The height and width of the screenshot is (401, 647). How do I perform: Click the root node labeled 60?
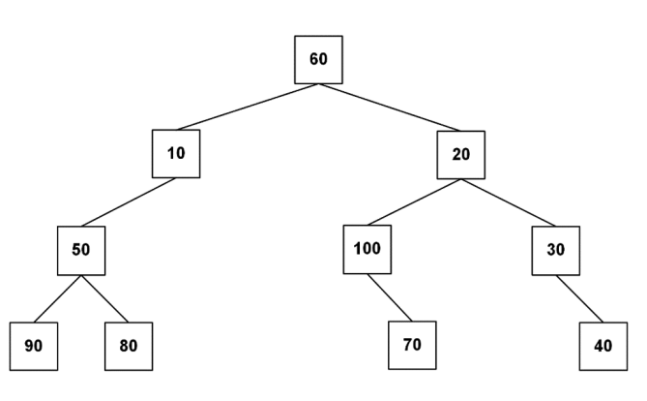[318, 59]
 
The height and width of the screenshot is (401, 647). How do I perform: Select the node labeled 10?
[176, 154]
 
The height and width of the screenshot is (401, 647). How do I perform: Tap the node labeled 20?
[461, 155]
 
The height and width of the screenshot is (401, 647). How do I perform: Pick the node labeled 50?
[81, 251]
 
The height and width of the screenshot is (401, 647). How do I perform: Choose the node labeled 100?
[368, 249]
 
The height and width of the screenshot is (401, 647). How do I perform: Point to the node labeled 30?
[556, 251]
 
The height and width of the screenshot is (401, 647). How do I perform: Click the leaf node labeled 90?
[34, 347]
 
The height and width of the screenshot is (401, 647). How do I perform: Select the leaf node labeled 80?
[129, 347]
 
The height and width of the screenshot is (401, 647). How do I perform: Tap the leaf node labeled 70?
[412, 345]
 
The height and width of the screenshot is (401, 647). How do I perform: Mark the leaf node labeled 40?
[603, 347]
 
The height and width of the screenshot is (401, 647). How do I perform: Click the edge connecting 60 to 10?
[248, 107]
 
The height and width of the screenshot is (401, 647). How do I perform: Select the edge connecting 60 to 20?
[389, 108]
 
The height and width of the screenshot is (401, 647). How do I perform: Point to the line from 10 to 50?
[129, 202]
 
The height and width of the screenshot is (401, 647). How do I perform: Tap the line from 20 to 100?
[414, 202]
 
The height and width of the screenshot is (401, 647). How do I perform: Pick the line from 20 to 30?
[509, 202]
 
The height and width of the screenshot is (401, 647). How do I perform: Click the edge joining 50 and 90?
[58, 298]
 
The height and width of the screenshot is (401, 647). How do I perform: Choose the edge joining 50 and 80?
[104, 298]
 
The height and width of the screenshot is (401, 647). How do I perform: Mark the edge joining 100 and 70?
[390, 297]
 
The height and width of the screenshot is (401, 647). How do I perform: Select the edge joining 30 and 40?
[579, 299]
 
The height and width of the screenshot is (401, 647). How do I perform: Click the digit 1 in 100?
[357, 249]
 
